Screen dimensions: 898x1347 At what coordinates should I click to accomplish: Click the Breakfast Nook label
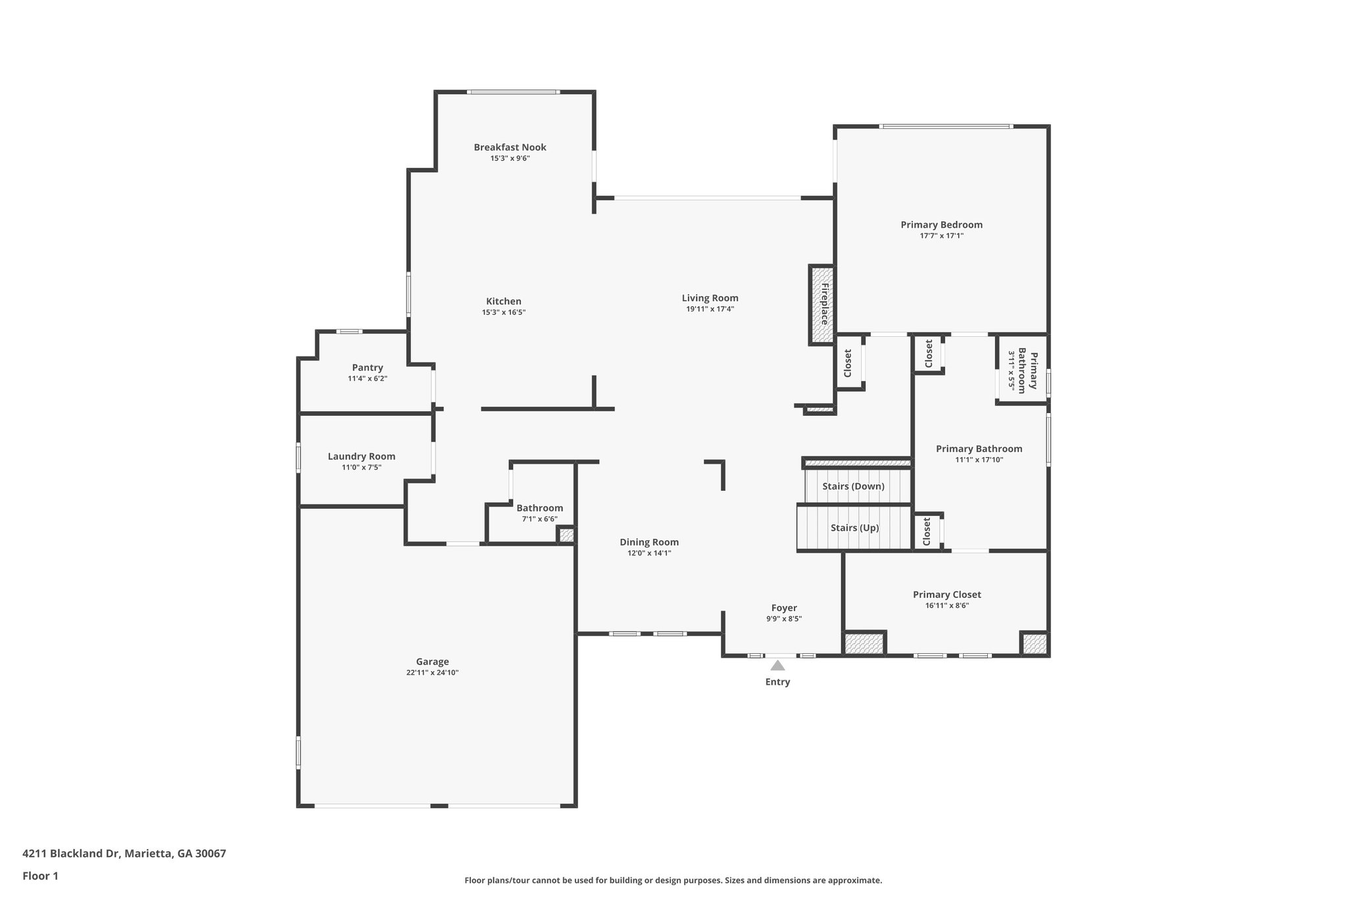pos(510,147)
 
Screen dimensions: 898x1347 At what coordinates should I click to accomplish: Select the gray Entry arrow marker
pos(777,666)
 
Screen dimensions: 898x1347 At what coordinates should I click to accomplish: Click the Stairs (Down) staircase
pos(854,486)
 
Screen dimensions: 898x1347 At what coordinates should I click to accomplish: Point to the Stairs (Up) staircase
pos(854,528)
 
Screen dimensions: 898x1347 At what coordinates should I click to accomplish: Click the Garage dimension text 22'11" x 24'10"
pos(432,673)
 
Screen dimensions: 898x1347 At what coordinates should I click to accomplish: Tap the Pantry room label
pos(367,368)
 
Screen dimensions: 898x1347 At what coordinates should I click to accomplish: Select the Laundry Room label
pos(362,457)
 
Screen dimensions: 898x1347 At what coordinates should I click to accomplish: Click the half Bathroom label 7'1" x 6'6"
pos(539,519)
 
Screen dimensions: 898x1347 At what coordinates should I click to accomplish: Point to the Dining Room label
pos(649,542)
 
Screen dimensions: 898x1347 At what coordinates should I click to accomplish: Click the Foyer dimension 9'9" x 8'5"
pos(784,619)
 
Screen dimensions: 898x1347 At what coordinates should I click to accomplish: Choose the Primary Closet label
pos(946,595)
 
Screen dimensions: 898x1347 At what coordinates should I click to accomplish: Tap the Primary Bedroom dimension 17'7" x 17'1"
pos(941,236)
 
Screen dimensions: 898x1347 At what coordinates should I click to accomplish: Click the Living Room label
pos(710,298)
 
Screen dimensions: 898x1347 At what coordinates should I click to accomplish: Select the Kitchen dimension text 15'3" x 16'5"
pos(503,312)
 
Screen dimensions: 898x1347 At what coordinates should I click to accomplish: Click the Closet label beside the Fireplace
pos(848,363)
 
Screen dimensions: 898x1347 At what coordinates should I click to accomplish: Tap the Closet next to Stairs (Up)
pos(927,531)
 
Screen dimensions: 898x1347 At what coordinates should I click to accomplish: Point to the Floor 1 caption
pos(41,876)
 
